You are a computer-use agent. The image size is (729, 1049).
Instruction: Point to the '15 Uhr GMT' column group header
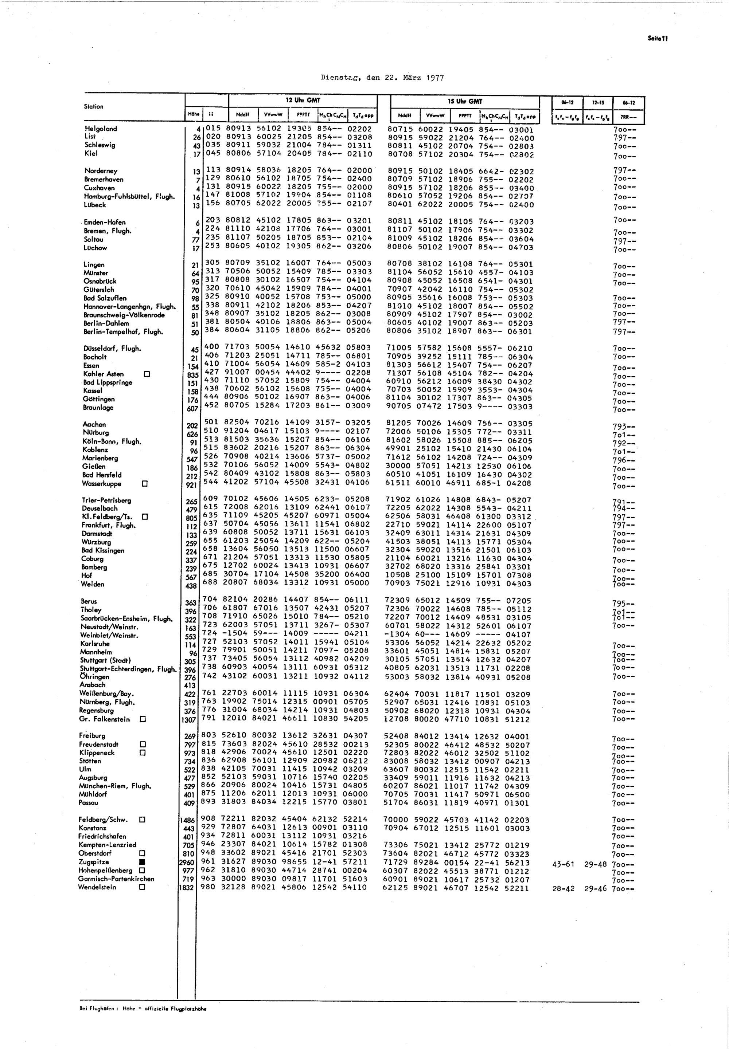coord(465,101)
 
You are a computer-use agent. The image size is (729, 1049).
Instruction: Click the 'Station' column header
coord(94,106)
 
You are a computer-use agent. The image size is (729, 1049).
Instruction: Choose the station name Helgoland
coord(101,129)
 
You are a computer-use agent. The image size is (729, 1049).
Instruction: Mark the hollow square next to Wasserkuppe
coord(145,483)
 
